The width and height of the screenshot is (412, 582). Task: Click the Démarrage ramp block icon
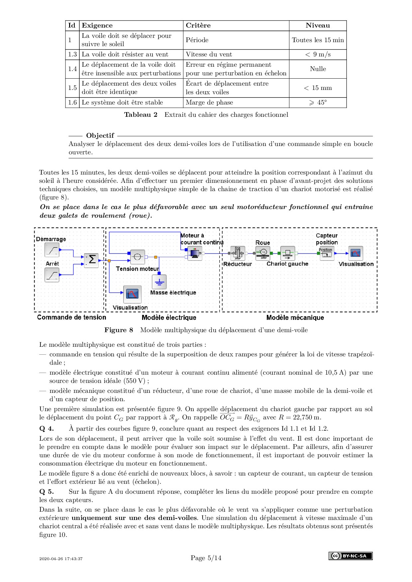(x=52, y=250)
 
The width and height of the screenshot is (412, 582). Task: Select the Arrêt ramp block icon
(x=52, y=275)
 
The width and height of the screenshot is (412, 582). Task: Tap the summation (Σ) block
(x=91, y=260)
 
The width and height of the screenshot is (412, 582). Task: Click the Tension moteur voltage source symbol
(x=137, y=257)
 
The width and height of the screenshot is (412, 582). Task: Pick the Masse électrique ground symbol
(x=159, y=282)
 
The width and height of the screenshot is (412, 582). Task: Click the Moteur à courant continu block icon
(x=195, y=254)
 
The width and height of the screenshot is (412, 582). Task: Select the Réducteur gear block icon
(x=238, y=253)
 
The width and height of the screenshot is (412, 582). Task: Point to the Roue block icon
(x=263, y=253)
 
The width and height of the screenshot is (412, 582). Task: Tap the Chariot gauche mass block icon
(x=288, y=253)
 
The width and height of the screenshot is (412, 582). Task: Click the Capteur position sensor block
(x=327, y=253)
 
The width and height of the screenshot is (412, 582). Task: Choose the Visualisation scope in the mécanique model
(x=356, y=253)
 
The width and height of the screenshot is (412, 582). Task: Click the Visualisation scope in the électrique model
(x=132, y=294)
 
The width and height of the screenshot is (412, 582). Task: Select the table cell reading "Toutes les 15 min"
(x=318, y=40)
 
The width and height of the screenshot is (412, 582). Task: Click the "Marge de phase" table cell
(x=209, y=103)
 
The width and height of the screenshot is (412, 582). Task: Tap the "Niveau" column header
(x=318, y=26)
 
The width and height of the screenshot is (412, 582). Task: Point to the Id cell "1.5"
(x=72, y=88)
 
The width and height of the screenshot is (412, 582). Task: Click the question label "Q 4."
(x=47, y=428)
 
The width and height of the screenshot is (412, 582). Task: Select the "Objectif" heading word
(x=100, y=135)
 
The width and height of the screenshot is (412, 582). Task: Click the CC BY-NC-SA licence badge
(x=351, y=556)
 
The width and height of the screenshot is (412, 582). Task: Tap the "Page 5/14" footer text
(x=206, y=558)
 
